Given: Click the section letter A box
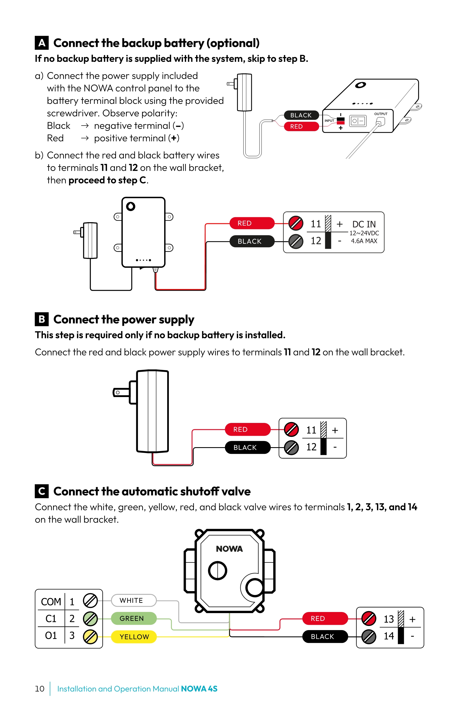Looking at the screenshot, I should coord(42,43).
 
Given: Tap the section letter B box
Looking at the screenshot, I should coord(42,319).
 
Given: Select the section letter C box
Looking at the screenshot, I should coord(42,491).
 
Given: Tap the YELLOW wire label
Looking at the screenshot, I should coord(134,636).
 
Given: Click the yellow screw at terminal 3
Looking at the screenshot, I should coord(90,636).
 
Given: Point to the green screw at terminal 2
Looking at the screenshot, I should coord(90,619).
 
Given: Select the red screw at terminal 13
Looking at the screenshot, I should coord(369,619).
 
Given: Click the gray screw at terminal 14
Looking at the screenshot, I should coord(369,636).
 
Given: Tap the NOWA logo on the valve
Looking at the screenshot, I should coord(229,549).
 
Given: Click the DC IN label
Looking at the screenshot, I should coord(364,224).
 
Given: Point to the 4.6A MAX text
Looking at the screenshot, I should coord(364,241).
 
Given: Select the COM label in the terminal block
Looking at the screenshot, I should coord(51,601).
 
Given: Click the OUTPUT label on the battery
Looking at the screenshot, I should coord(381,114).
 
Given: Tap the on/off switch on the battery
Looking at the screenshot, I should coord(358,121).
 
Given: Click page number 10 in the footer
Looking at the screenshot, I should coord(40,689).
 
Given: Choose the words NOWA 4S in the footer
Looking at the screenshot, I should coord(199,689).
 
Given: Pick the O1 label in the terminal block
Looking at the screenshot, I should coord(51,635).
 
